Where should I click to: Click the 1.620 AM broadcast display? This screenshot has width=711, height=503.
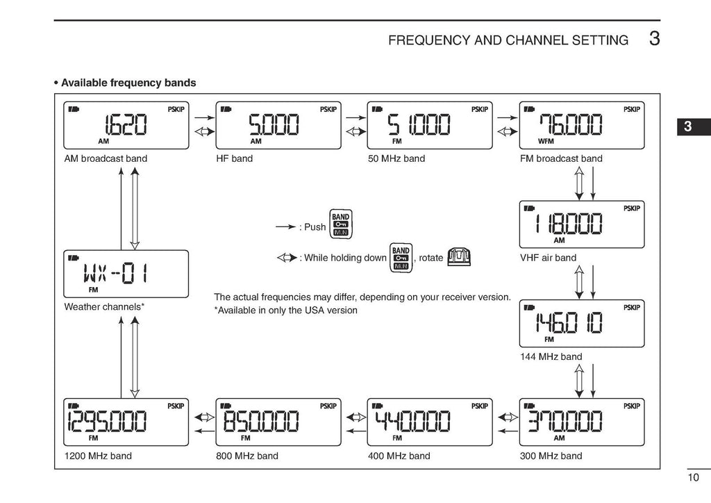pos(126,125)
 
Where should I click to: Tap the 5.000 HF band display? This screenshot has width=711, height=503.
pos(278,125)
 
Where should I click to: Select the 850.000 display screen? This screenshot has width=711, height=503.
pos(278,422)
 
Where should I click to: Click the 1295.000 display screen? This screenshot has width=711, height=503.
pos(126,422)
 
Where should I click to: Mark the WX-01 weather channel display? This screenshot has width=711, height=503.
pos(126,274)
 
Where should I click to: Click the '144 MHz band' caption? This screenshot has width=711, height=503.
pos(551,357)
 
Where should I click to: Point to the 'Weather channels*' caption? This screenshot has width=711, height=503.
pos(104,306)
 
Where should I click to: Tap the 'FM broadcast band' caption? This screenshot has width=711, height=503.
pos(561,158)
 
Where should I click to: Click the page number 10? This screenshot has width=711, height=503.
pos(694,477)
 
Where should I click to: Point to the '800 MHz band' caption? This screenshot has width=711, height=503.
pos(247,456)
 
